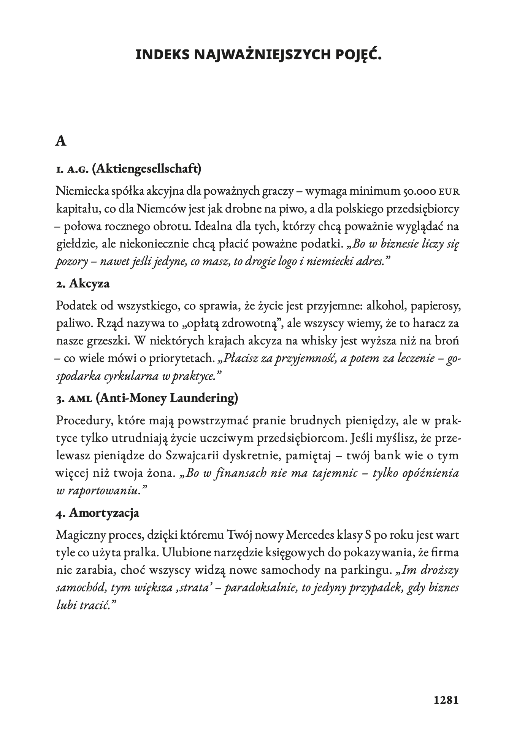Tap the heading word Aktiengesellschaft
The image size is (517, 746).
point(146,168)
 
